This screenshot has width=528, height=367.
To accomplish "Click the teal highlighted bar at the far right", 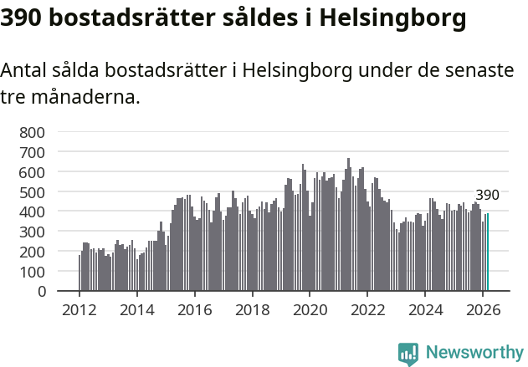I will (487, 252).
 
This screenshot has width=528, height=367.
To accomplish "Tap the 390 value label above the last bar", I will (487, 196).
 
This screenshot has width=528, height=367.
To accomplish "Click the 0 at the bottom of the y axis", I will (41, 292).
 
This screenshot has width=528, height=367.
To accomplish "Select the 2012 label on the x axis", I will (79, 309).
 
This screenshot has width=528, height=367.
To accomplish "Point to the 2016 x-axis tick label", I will (194, 309).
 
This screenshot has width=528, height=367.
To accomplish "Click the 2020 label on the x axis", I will (310, 309).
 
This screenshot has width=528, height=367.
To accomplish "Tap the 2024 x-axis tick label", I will (425, 309).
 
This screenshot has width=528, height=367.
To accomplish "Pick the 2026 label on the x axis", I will (483, 309).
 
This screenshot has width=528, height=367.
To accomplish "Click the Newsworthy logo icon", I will (408, 354).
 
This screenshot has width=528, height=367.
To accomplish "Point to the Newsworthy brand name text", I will (474, 354).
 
